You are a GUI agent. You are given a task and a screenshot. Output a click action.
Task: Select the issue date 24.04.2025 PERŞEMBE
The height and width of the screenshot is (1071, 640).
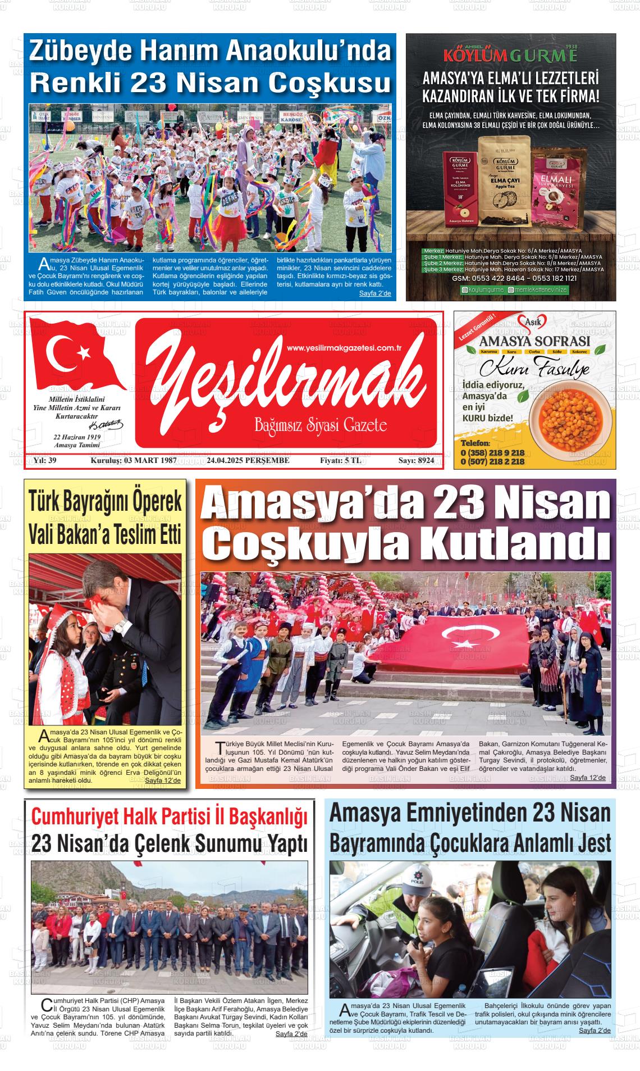tap(248, 461)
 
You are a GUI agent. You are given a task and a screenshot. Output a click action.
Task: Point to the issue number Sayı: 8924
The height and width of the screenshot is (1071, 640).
tap(416, 461)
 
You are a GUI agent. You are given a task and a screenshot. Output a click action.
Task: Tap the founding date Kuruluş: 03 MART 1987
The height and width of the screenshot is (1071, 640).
tap(134, 461)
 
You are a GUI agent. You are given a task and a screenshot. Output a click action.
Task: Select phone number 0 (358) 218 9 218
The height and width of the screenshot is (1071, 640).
tap(492, 452)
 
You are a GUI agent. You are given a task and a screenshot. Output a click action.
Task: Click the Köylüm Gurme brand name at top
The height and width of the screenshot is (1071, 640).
tap(510, 56)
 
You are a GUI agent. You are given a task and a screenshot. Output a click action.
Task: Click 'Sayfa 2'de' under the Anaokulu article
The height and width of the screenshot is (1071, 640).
tap(375, 293)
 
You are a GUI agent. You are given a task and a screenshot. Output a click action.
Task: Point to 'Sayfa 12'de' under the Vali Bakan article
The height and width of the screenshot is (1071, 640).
tap(163, 780)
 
